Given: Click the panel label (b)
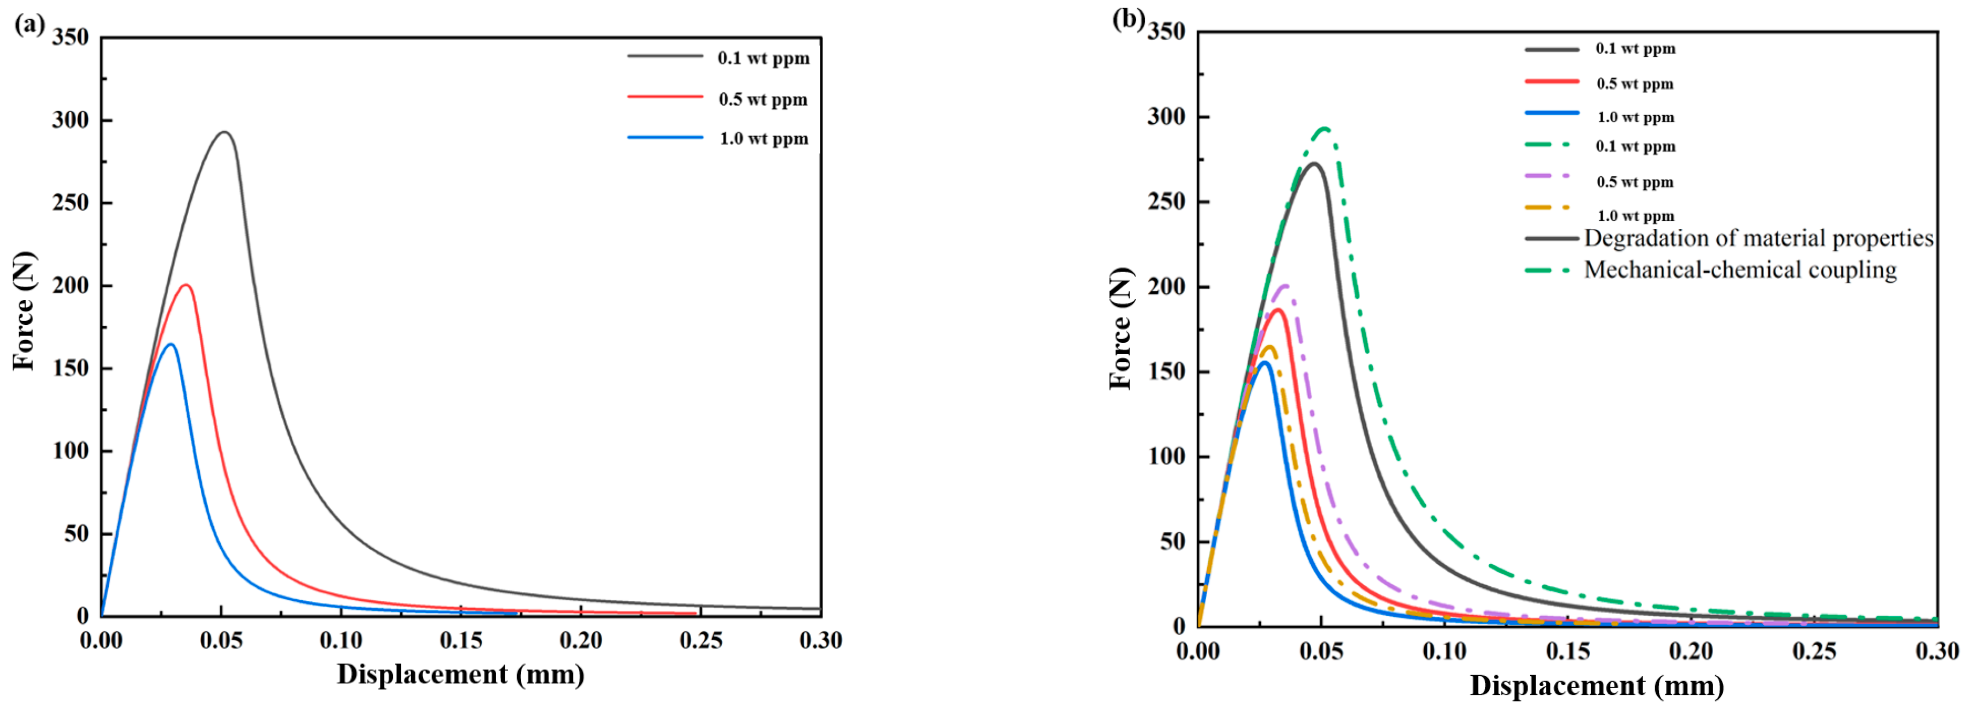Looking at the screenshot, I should [1128, 19].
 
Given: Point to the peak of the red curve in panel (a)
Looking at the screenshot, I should [185, 286].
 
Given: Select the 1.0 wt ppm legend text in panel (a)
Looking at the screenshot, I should [763, 139].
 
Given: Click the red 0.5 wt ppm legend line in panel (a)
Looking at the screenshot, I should [664, 97].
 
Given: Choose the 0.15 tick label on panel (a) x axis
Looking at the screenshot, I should [460, 641].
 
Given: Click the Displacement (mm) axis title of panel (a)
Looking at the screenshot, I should [460, 675].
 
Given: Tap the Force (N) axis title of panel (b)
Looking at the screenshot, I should [1120, 329].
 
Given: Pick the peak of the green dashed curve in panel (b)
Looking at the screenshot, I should [1326, 129].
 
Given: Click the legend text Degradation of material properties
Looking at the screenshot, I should [1758, 238].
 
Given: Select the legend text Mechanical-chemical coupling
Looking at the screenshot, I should [1740, 270].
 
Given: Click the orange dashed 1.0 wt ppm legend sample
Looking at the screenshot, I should [1549, 207].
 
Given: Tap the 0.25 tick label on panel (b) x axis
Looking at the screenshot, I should [1814, 652].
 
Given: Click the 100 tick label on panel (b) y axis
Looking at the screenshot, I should [1166, 457].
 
